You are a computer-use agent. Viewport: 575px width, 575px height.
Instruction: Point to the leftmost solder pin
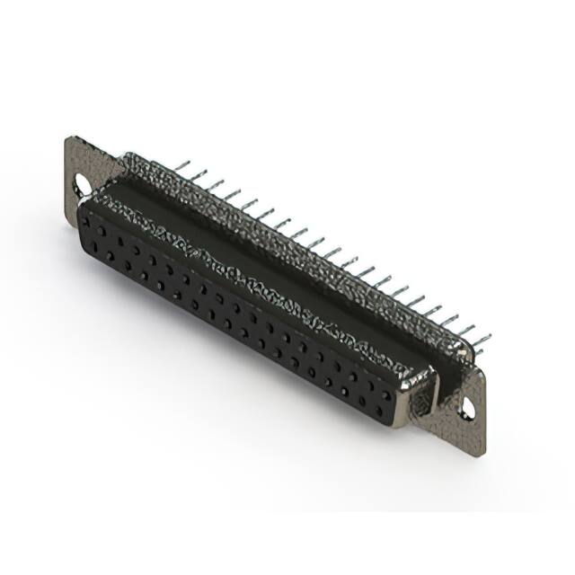tap(182, 166)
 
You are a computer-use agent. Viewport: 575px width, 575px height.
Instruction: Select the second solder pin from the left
tap(199, 176)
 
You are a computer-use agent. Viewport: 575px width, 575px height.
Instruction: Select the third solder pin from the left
tap(216, 185)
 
